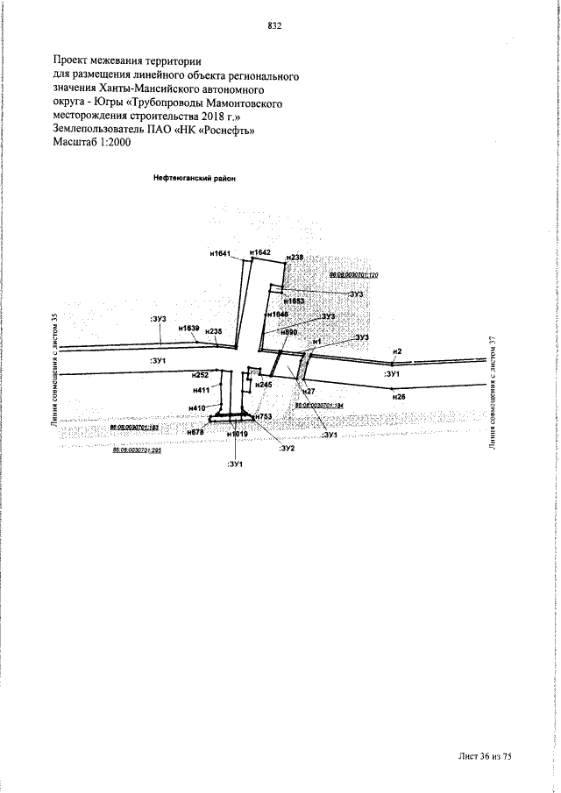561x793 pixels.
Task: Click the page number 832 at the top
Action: point(273,25)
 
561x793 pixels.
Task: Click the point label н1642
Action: point(260,252)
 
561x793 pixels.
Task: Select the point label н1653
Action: point(292,301)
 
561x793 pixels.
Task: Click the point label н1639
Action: point(189,328)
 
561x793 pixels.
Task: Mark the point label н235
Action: point(213,331)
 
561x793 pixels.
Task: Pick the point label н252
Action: point(201,375)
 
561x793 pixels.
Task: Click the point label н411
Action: point(201,390)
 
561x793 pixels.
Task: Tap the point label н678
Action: point(195,432)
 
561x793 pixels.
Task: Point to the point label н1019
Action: point(237,435)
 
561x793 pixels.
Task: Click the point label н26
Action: point(399,397)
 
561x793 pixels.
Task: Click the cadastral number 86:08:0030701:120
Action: point(352,275)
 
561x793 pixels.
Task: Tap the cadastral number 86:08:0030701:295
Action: point(137,450)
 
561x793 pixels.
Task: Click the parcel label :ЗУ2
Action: point(287,448)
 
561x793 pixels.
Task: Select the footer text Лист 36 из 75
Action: point(483,756)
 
